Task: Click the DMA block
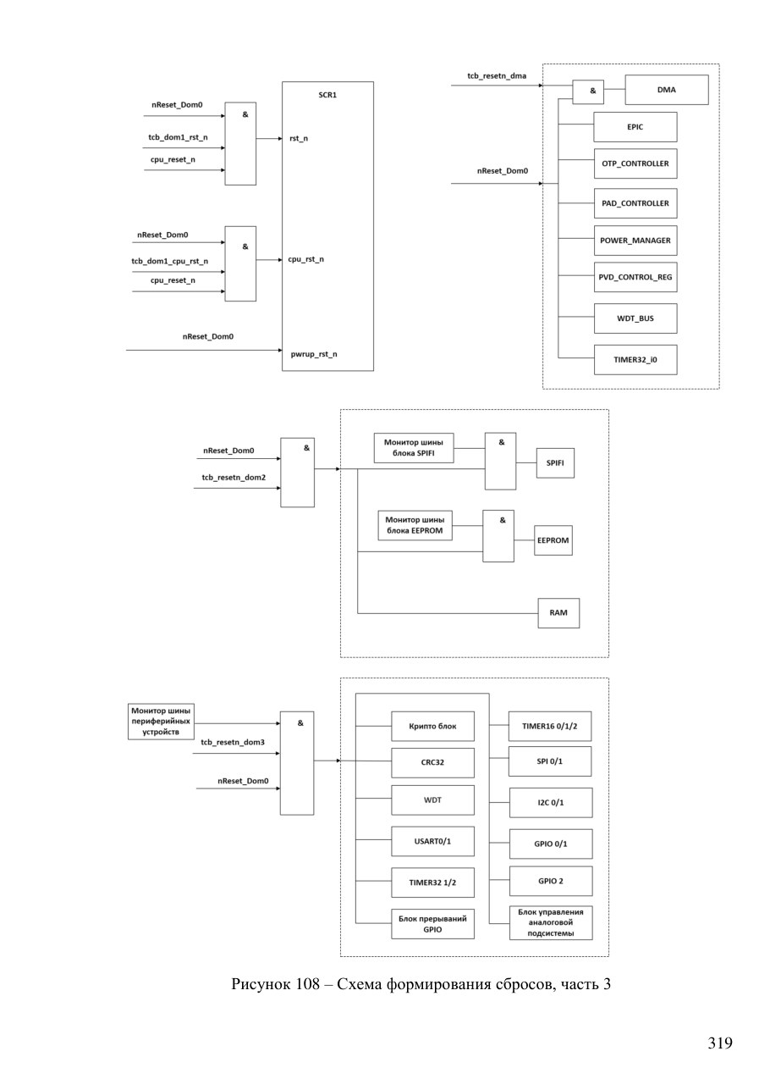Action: (667, 90)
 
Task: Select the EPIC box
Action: (635, 127)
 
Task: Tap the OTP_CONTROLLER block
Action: (635, 163)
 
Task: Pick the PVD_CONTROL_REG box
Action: (635, 277)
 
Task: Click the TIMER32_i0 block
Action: (635, 360)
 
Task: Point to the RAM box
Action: (558, 612)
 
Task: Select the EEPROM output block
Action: (553, 540)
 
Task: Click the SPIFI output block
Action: (555, 462)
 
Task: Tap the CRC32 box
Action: (432, 762)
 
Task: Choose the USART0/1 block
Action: (432, 841)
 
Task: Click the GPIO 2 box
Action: (551, 881)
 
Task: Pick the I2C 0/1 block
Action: (551, 802)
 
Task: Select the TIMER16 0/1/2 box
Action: (550, 726)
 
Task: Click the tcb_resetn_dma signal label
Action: (497, 76)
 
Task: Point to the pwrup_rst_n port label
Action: (314, 354)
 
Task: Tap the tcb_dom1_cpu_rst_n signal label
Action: (169, 262)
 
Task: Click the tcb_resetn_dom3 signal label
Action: (233, 742)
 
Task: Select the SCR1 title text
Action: (327, 95)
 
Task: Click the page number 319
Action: (720, 1043)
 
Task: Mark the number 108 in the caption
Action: (308, 984)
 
